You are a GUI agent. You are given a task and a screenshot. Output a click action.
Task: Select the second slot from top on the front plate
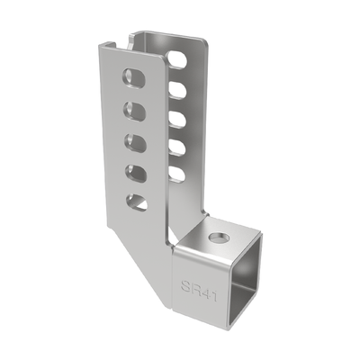click(x=134, y=112)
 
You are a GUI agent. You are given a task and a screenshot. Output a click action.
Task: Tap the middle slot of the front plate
click(x=134, y=143)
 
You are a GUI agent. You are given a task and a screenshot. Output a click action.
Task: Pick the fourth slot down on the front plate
click(x=134, y=174)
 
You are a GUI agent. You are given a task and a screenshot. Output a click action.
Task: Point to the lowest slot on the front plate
click(x=137, y=202)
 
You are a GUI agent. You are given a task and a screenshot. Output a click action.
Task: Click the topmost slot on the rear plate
click(x=177, y=59)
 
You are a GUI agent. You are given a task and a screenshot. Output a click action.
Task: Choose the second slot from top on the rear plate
click(x=177, y=90)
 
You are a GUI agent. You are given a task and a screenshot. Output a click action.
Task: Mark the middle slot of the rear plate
click(x=177, y=120)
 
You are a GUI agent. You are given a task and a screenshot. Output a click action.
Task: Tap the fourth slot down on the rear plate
click(x=177, y=148)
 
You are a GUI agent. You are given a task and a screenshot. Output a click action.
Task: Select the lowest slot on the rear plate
click(x=177, y=175)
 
